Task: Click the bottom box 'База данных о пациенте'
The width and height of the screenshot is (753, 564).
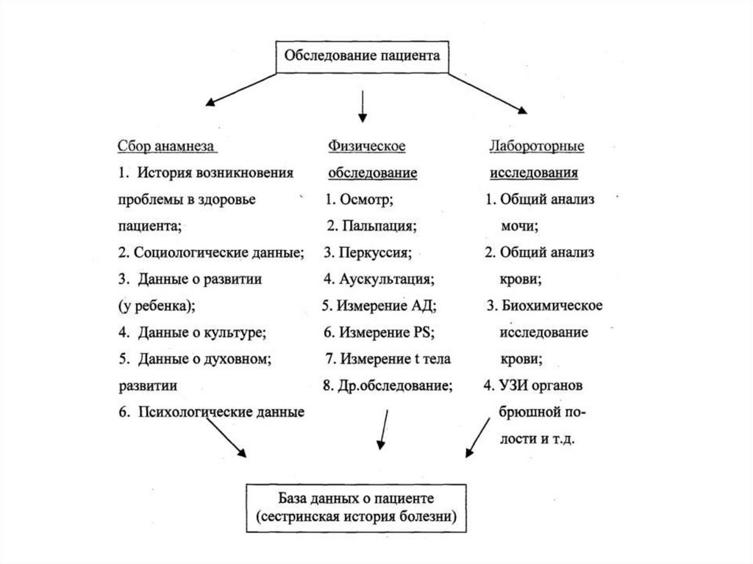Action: click(x=357, y=507)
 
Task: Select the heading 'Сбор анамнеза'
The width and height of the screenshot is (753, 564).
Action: click(x=166, y=146)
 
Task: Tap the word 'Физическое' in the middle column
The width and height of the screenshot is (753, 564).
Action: click(x=367, y=146)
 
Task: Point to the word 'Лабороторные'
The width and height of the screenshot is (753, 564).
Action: click(x=537, y=146)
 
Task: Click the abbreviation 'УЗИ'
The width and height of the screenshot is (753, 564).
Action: click(x=511, y=385)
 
